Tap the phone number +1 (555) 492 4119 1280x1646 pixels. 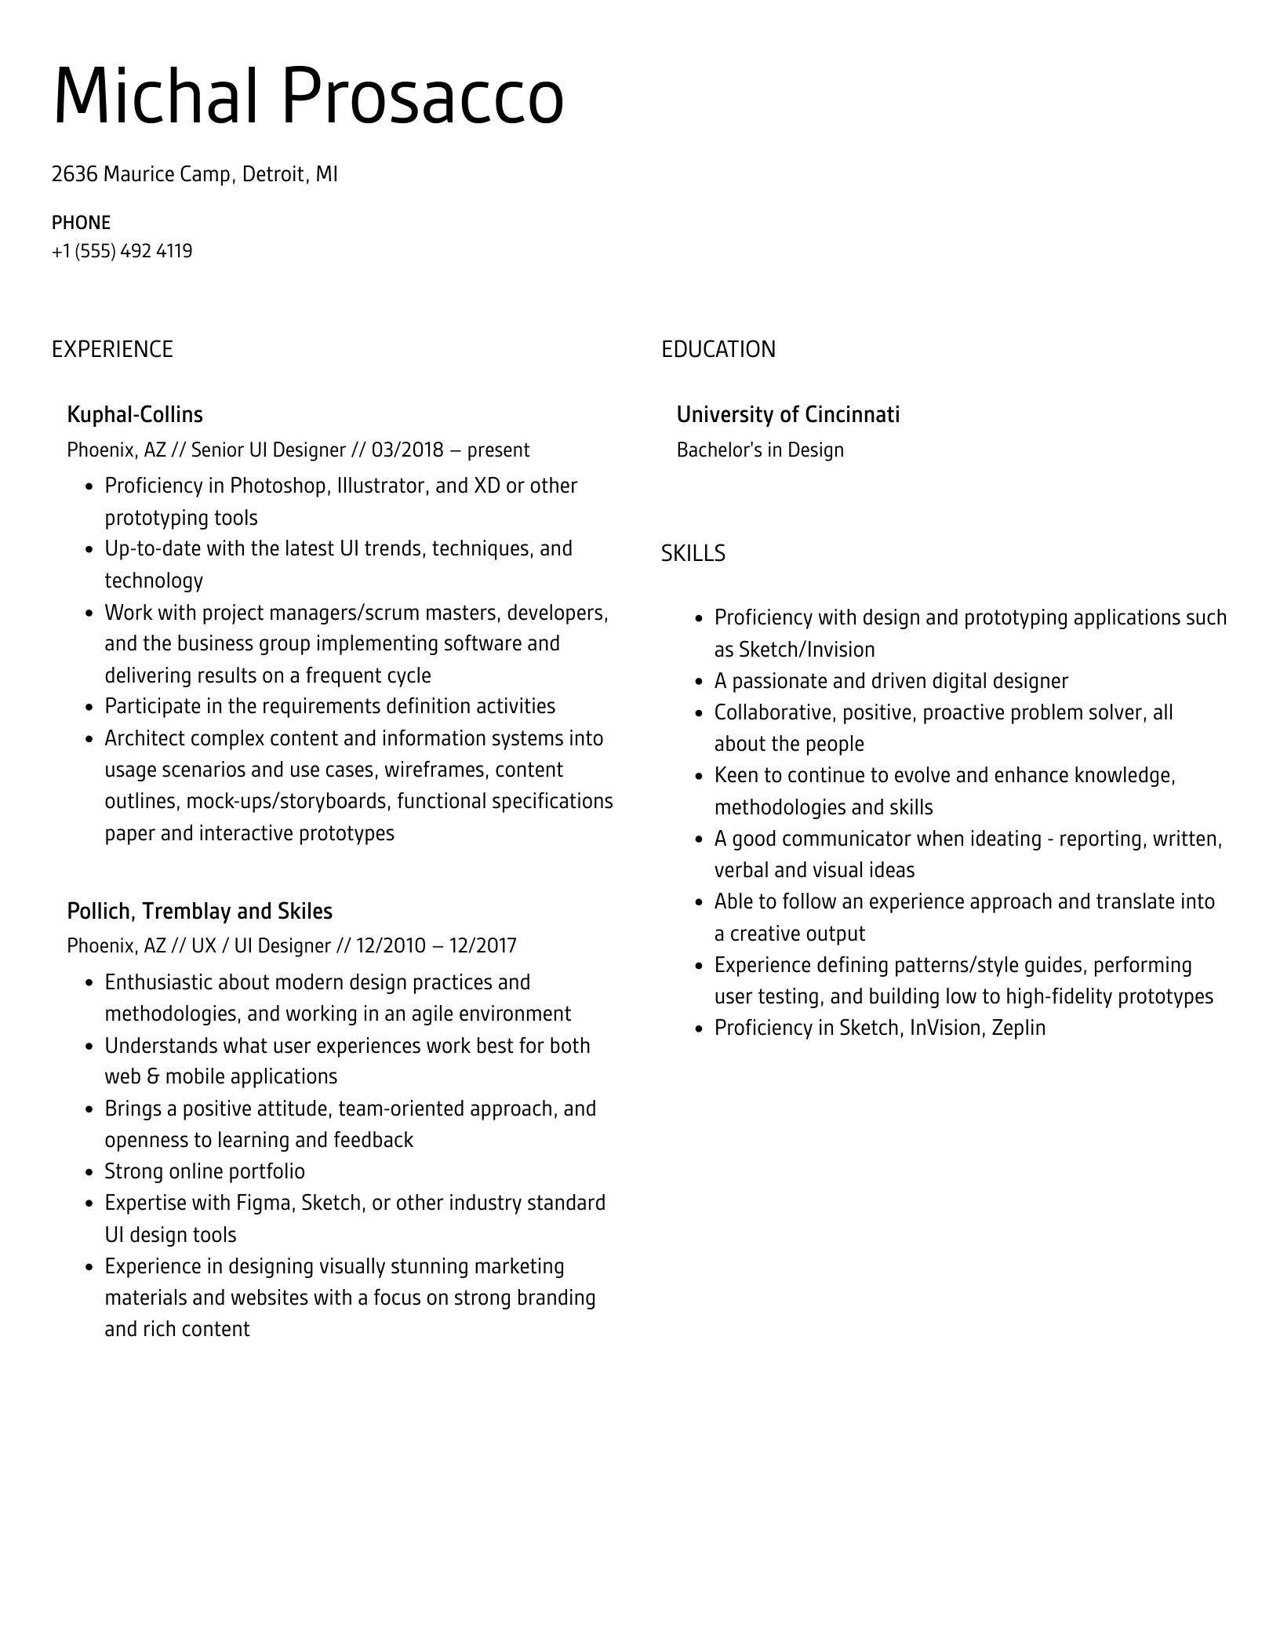[122, 251]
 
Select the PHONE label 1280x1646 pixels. [81, 223]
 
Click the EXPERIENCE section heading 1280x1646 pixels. [112, 349]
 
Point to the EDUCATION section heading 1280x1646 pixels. [718, 349]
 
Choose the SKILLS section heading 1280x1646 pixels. [693, 554]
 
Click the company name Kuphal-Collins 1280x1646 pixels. [135, 414]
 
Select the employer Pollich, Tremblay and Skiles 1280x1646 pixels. [199, 911]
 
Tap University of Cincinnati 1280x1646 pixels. [787, 414]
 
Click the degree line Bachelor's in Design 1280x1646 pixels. [759, 450]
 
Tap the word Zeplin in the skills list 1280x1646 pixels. [1018, 1028]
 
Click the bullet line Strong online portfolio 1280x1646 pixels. [204, 1171]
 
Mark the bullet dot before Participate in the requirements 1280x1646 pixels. [89, 707]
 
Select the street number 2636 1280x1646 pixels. [74, 174]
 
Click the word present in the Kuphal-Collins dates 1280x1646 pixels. [498, 450]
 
